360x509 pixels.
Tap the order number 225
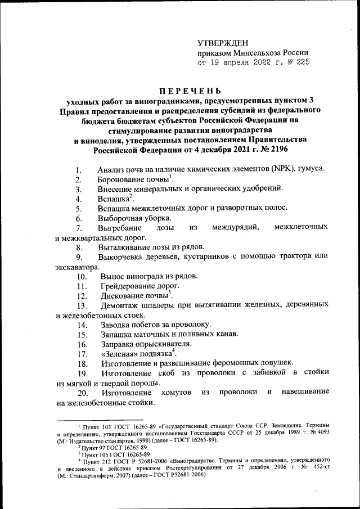[x=301, y=63]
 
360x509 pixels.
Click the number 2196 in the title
[x=274, y=150]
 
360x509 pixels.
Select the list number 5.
[x=79, y=208]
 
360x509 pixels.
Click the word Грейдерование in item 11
[x=129, y=286]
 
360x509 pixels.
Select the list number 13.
[x=82, y=305]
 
